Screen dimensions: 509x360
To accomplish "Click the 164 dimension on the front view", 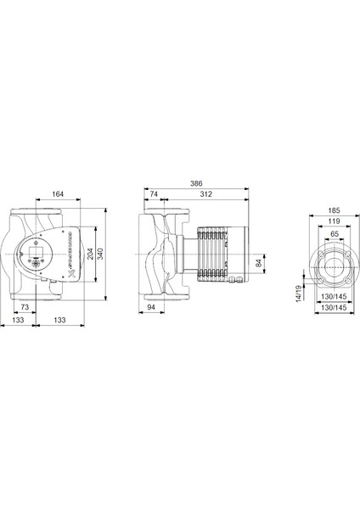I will pyautogui.click(x=58, y=195).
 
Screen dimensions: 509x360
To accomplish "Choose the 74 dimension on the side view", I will pyautogui.click(x=154, y=194).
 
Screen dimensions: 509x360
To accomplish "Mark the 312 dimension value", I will pyautogui.click(x=205, y=194).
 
